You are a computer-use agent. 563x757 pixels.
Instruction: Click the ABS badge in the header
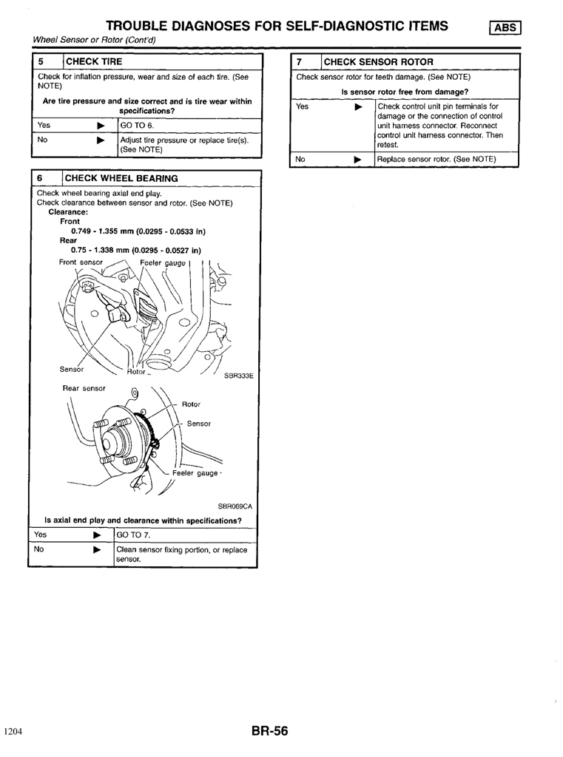pos(505,27)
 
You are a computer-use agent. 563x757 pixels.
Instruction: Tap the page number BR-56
pos(269,731)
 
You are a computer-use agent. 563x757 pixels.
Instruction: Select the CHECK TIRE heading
pos(94,61)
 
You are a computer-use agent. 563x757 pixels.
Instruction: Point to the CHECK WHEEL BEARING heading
pos(121,178)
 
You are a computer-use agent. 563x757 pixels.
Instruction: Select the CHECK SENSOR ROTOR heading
pos(378,62)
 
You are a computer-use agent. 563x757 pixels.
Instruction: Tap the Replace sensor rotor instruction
pos(436,160)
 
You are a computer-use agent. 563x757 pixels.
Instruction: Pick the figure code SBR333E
pos(239,376)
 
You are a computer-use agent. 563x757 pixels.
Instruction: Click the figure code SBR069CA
pos(235,506)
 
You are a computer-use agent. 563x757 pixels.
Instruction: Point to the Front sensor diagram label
pos(81,262)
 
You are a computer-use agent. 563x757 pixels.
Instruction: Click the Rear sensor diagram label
pos(84,388)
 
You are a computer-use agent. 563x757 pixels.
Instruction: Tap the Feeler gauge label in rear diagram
pos(195,473)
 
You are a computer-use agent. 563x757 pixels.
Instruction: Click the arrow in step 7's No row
pos(357,160)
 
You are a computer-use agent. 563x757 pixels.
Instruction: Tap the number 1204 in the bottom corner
pos(13,731)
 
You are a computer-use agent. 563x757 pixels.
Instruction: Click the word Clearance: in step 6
pos(68,212)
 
